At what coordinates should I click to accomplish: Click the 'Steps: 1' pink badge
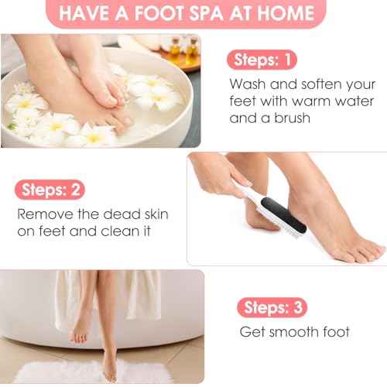click(261, 59)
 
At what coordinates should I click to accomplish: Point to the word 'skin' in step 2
click(151, 214)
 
